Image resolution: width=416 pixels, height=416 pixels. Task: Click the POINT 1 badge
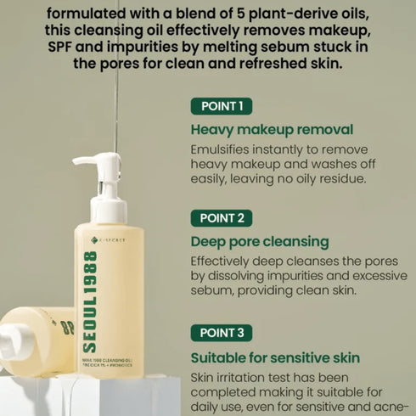[x=221, y=106]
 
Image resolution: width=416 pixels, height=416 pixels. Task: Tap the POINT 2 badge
[x=221, y=218]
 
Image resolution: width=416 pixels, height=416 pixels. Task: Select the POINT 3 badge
[x=221, y=333]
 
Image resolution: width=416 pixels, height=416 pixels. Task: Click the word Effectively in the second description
[x=225, y=261]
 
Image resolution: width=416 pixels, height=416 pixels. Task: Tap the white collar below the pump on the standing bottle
[x=110, y=209]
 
